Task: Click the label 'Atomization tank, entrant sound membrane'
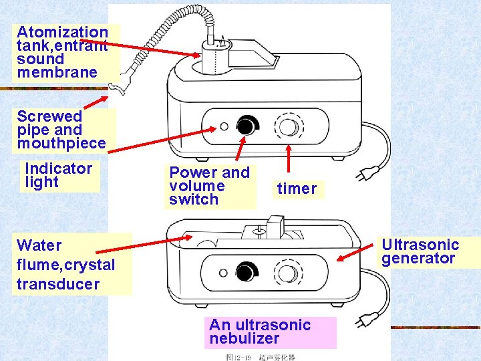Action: pyautogui.click(x=61, y=52)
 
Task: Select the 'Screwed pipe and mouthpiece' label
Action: pyautogui.click(x=61, y=130)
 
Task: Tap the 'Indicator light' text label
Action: pyautogui.click(x=59, y=175)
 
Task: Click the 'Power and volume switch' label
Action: pyautogui.click(x=209, y=186)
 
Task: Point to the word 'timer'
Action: pyautogui.click(x=297, y=189)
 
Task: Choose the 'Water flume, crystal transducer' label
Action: pyautogui.click(x=66, y=265)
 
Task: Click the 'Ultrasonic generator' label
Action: pyautogui.click(x=420, y=251)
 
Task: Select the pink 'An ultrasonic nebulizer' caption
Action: pyautogui.click(x=260, y=332)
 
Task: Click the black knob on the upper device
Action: pyautogui.click(x=247, y=126)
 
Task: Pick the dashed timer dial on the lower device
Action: pyautogui.click(x=289, y=273)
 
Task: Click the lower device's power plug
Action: pyautogui.click(x=364, y=324)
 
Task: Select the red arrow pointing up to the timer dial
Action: pyautogui.click(x=288, y=162)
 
